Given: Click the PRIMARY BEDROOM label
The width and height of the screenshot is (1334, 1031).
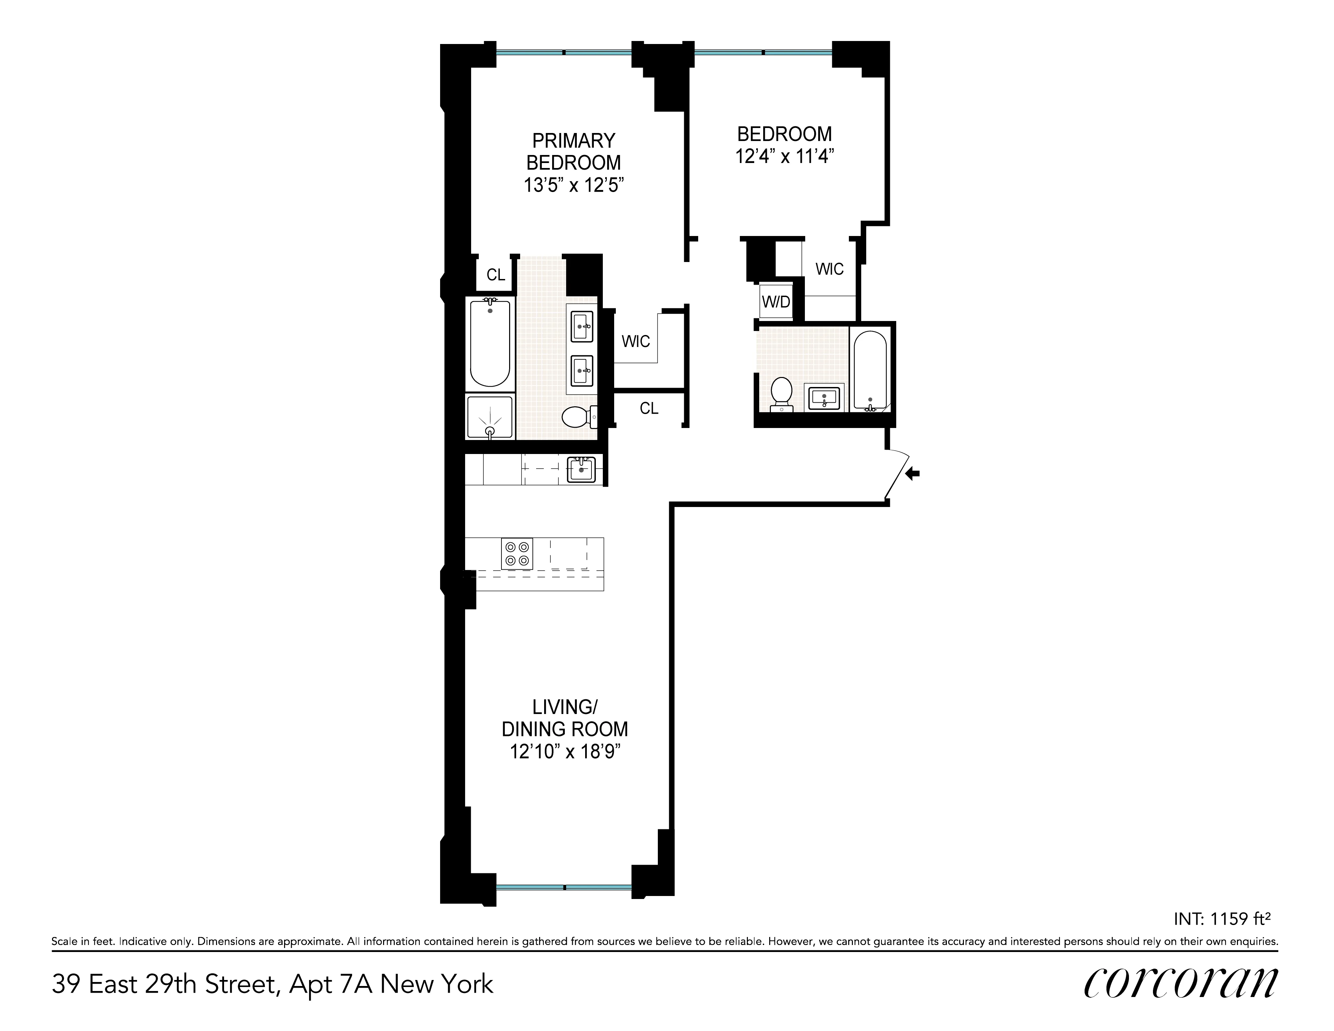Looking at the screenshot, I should coord(573,151).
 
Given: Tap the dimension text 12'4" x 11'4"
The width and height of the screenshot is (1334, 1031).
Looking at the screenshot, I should coord(784,156).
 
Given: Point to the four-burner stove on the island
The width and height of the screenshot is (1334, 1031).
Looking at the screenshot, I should coord(517,553).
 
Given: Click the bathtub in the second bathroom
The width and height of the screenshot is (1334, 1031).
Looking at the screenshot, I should coord(870,370).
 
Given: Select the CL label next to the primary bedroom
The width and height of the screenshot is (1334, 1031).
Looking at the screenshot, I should coord(495,275).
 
